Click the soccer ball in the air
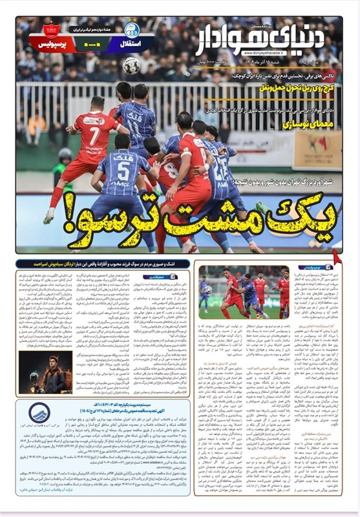click(x=132, y=65)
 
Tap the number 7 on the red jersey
click(x=95, y=136)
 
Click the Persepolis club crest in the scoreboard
click(x=52, y=31)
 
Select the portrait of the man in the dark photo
click(x=57, y=373)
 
